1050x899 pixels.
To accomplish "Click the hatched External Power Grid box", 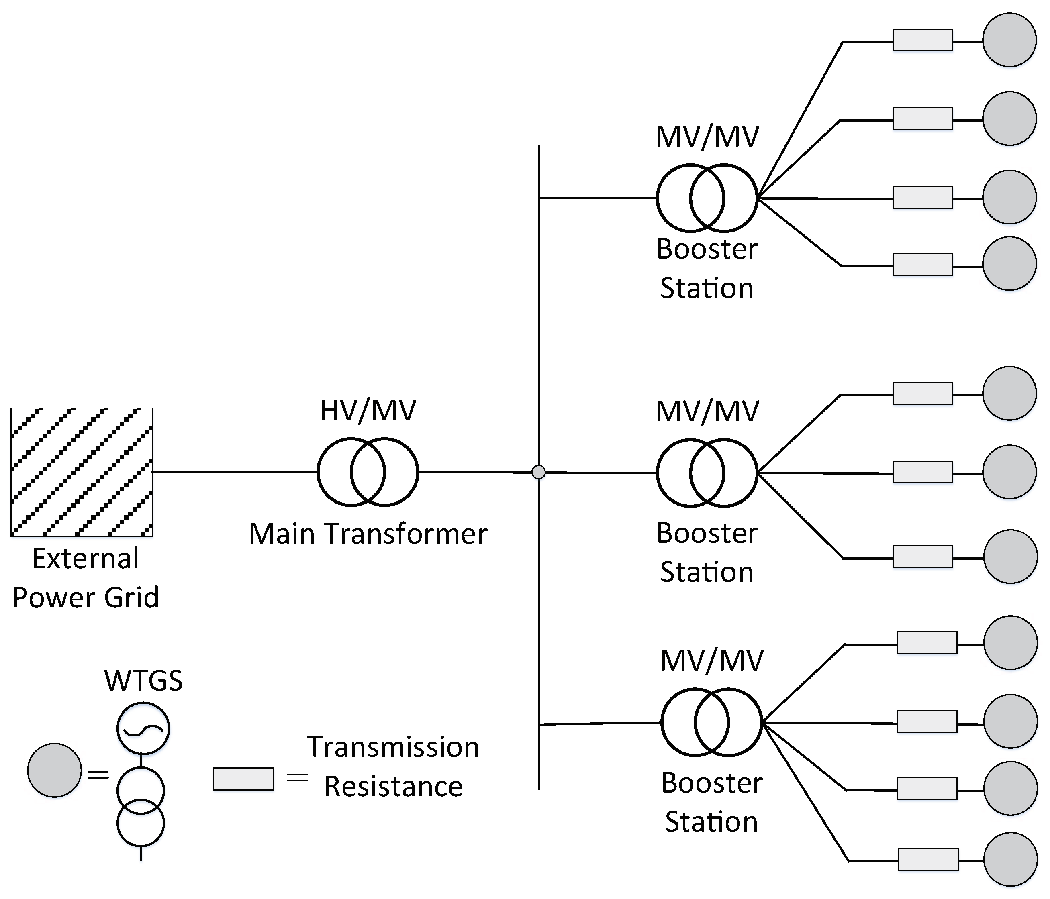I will [82, 471].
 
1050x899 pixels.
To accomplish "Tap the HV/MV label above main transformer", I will [368, 410].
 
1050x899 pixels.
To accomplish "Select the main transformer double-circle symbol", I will [368, 472].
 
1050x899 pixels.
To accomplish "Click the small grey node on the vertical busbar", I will [538, 472].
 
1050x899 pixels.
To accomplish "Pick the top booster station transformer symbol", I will [707, 198].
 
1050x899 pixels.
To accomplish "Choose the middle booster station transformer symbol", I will [707, 473].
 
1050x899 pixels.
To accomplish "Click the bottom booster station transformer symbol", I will [711, 722].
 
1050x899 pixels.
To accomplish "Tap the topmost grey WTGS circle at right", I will [1009, 40].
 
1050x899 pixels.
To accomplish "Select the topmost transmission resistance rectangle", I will [922, 40].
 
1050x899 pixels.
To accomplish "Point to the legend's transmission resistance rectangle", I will [243, 779].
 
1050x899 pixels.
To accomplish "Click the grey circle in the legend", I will [54, 770].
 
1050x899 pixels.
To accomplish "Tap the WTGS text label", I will [143, 680].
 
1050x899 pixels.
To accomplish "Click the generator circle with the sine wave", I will [143, 728].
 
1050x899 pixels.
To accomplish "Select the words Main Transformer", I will [368, 534].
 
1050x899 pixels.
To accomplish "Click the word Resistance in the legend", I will [393, 787].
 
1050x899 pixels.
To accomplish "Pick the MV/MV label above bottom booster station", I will [711, 660].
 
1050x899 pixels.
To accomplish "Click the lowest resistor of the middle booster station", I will [922, 557].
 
